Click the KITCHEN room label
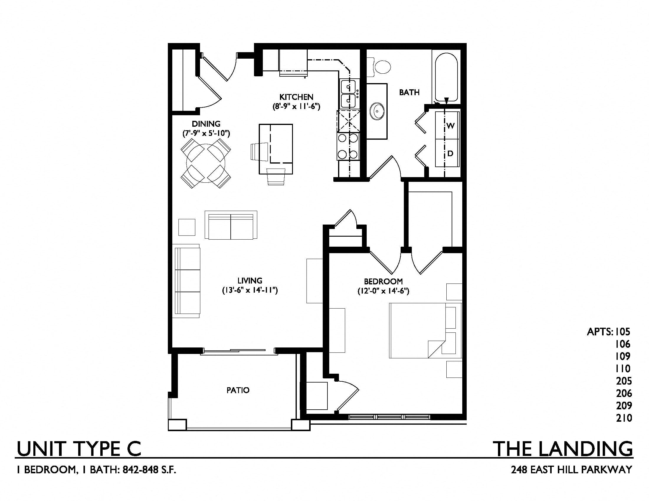pos(296,97)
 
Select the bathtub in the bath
pos(446,78)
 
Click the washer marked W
pos(447,126)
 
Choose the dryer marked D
pos(447,153)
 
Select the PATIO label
pos(238,390)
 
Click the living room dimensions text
pos(250,290)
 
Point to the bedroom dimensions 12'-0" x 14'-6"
pos(383,291)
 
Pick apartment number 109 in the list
pos(623,356)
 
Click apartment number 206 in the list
pos(623,393)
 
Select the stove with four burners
pos(348,147)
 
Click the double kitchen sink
pos(348,93)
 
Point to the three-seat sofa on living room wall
pos(187,281)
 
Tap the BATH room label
pos(409,92)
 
